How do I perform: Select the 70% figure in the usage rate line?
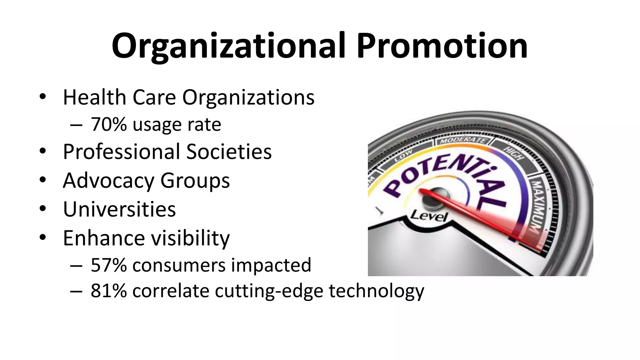(x=109, y=124)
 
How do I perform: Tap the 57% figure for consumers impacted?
(x=109, y=265)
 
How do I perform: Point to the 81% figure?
(x=109, y=291)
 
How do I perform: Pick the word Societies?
(x=229, y=152)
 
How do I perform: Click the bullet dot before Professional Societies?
(x=43, y=151)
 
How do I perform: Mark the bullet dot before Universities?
(x=43, y=208)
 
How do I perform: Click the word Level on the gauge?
(x=429, y=216)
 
